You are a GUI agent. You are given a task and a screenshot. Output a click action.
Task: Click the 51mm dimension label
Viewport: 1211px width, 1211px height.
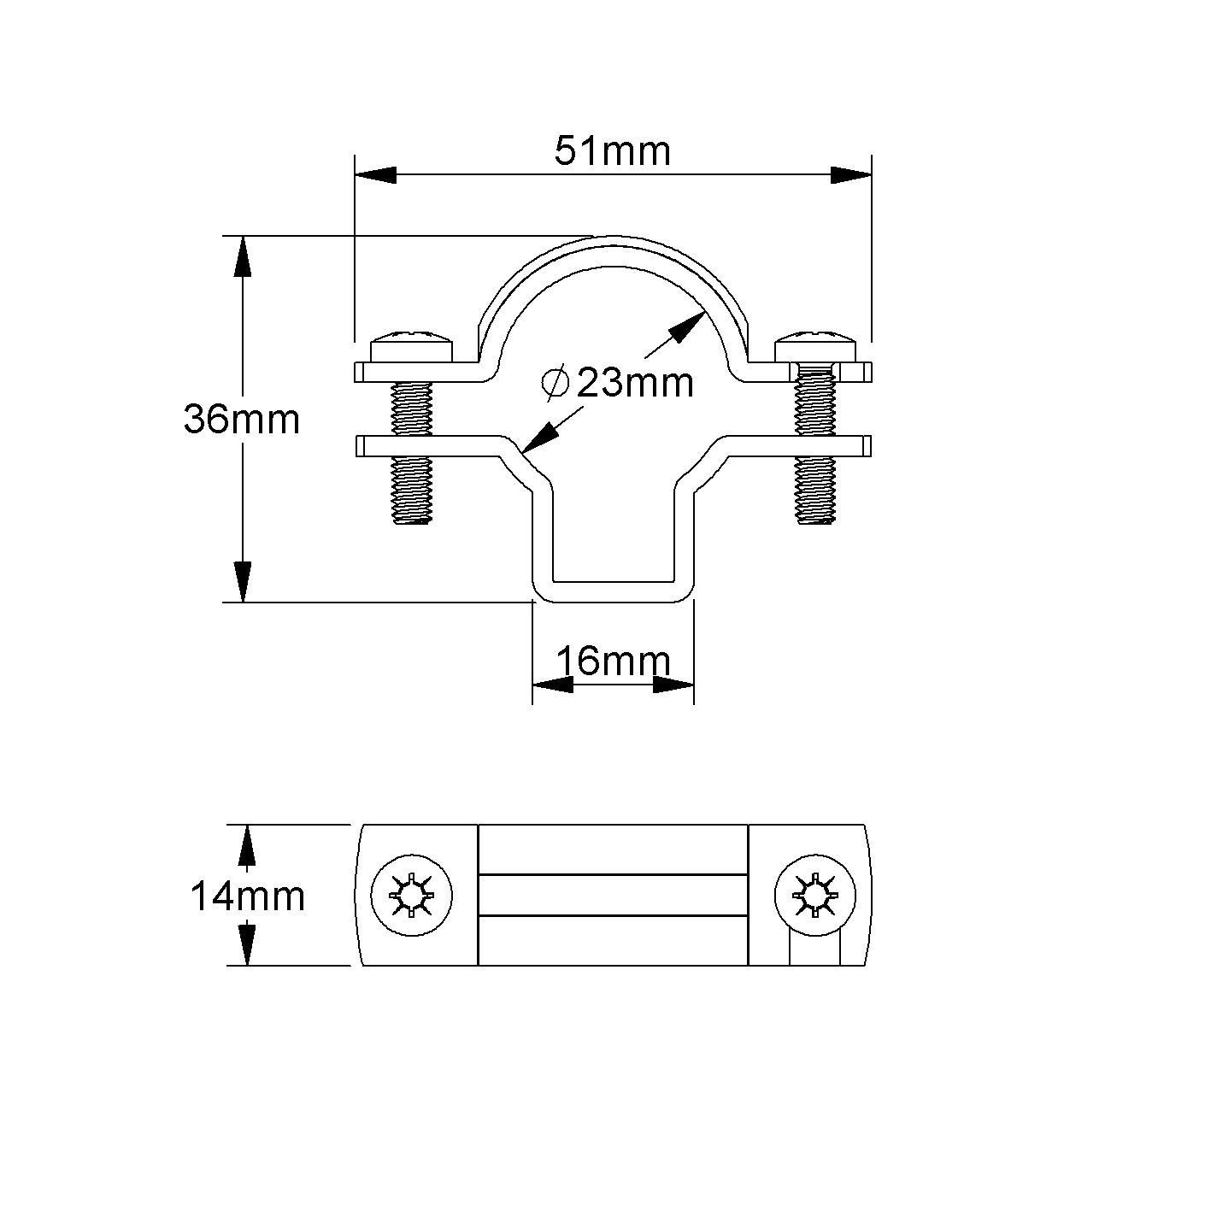point(612,152)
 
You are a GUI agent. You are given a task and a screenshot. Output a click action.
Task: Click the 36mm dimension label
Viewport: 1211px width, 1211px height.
point(242,420)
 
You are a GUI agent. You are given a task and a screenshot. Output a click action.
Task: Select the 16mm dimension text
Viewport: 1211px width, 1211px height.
point(613,661)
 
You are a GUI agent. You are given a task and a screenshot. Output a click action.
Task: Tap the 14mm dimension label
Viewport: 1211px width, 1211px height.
point(247,896)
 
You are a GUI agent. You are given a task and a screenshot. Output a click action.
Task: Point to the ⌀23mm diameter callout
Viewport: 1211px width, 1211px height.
point(620,383)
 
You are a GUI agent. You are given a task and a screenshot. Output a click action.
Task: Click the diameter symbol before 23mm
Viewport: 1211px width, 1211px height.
point(555,383)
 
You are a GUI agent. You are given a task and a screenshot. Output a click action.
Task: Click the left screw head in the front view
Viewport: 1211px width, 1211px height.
point(412,346)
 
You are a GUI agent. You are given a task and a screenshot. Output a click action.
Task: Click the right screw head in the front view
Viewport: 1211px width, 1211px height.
point(814,346)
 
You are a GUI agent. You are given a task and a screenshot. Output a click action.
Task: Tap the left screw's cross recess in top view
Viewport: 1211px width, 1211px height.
point(412,897)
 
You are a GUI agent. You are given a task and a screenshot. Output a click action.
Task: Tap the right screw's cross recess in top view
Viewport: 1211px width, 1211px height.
point(814,897)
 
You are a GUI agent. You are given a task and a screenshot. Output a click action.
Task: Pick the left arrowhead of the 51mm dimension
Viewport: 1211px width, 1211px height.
point(376,175)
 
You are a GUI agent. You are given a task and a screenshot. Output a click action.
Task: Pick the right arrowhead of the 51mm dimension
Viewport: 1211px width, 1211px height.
point(850,175)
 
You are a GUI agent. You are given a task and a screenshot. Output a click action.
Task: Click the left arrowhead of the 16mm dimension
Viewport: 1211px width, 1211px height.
point(553,685)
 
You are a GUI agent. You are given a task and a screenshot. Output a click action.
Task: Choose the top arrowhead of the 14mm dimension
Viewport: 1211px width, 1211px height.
point(247,846)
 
